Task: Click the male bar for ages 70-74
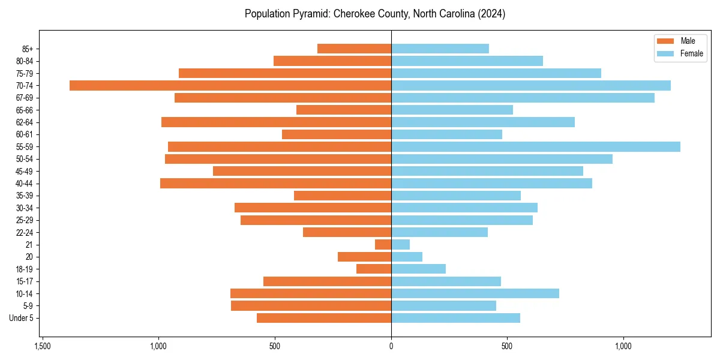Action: coord(230,85)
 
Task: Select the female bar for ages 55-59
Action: coord(535,146)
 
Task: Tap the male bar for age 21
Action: coord(383,244)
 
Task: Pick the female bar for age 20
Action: coord(407,257)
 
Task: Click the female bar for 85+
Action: coord(440,49)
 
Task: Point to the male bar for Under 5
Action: coord(324,318)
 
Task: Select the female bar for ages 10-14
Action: coord(475,293)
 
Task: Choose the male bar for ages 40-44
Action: coord(275,183)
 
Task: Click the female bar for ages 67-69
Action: coord(523,97)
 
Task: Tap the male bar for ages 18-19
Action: coord(374,269)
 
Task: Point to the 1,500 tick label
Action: coord(42,347)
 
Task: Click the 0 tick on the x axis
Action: coord(391,347)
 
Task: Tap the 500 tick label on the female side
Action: coord(507,347)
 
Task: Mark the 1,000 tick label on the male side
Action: coord(158,347)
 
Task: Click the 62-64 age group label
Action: coord(25,122)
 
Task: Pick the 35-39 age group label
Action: coord(25,196)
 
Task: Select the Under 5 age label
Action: coord(21,318)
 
